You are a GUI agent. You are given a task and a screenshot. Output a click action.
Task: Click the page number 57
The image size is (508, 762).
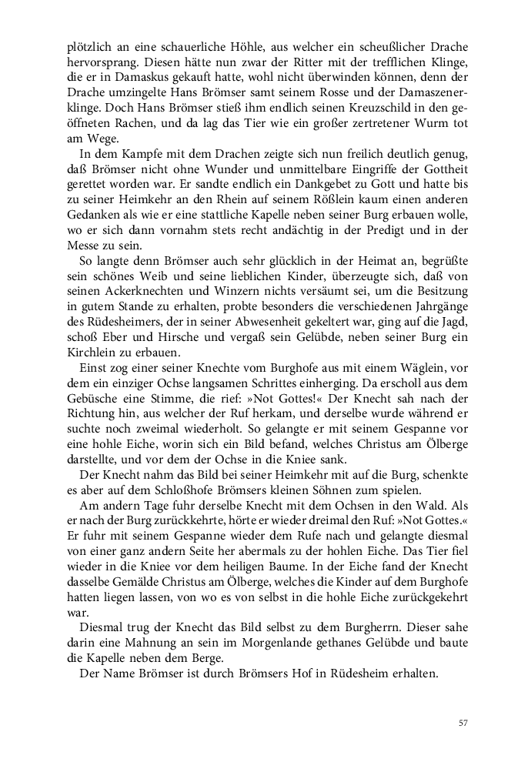(463, 723)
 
